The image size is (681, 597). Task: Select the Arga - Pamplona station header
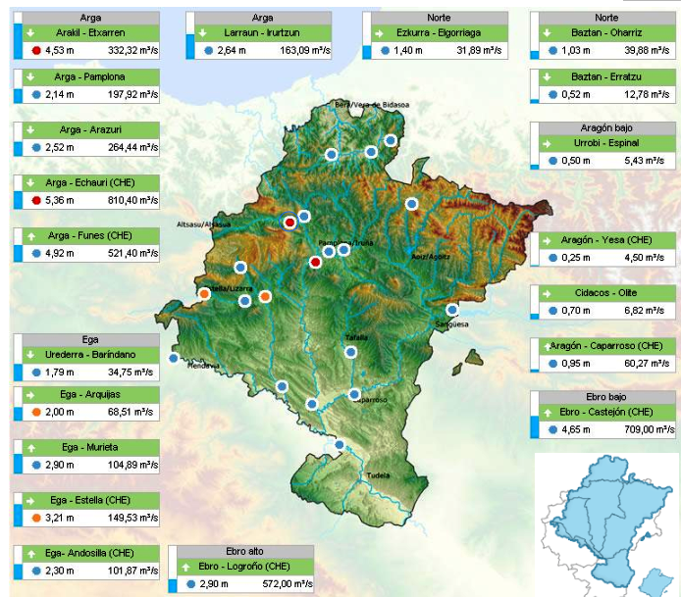[90, 76]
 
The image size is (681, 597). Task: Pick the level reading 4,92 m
[61, 253]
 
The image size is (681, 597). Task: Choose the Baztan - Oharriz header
[606, 32]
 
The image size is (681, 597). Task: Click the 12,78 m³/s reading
[651, 94]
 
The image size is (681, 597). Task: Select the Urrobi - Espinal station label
[605, 144]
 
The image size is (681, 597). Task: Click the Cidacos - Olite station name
[605, 293]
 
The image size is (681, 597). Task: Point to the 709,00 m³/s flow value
[649, 428]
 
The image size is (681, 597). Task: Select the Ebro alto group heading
[242, 552]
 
